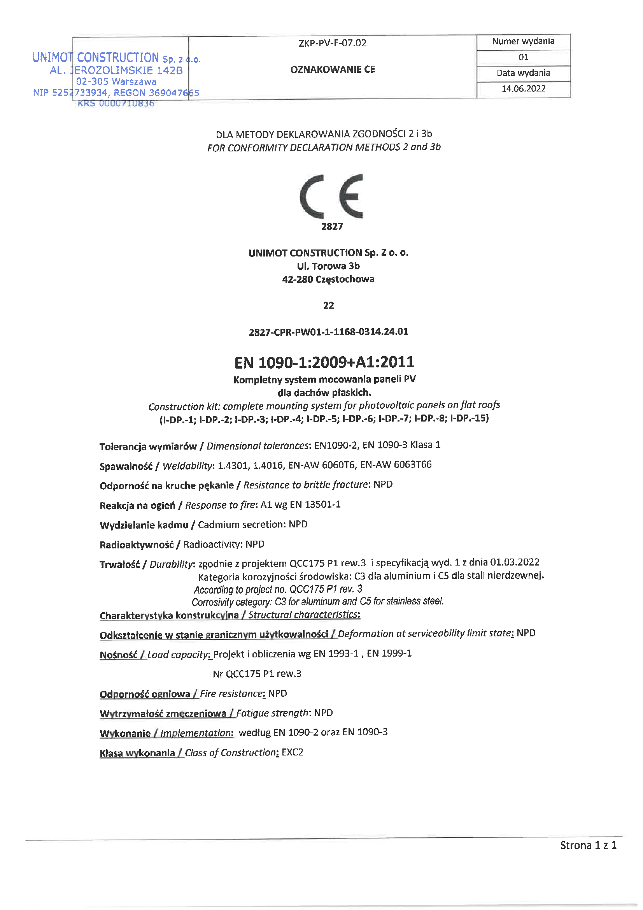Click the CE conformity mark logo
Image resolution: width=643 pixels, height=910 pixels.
click(x=331, y=197)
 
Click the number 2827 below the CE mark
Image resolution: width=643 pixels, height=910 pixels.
click(x=331, y=227)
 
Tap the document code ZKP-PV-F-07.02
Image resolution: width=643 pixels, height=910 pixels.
click(x=333, y=43)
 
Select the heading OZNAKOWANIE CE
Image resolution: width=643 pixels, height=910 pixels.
click(x=333, y=70)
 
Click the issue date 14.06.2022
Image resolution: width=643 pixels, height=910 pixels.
click(x=523, y=89)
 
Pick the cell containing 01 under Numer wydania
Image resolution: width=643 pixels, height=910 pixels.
click(x=523, y=58)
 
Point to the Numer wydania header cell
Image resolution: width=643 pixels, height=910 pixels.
click(x=523, y=42)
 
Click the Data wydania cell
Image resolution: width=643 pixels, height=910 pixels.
click(x=523, y=73)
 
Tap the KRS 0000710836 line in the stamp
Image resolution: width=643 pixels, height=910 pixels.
click(x=116, y=104)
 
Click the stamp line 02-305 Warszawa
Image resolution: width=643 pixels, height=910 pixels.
click(x=116, y=82)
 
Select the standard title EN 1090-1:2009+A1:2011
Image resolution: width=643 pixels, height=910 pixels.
click(x=324, y=362)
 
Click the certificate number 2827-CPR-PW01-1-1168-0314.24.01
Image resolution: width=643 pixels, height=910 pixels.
click(x=328, y=332)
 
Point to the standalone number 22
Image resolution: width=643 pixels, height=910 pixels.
click(x=328, y=306)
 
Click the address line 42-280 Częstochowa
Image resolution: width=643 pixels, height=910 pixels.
click(x=328, y=279)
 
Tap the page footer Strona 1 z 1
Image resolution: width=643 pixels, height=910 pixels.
click(x=588, y=845)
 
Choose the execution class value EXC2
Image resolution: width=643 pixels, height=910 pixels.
click(x=293, y=752)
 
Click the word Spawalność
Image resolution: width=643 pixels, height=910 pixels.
click(x=126, y=466)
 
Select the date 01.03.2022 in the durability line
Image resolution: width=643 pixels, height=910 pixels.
click(x=515, y=562)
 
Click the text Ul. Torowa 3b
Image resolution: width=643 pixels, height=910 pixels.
click(x=328, y=266)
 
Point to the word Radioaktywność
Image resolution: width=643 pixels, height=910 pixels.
click(x=136, y=545)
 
